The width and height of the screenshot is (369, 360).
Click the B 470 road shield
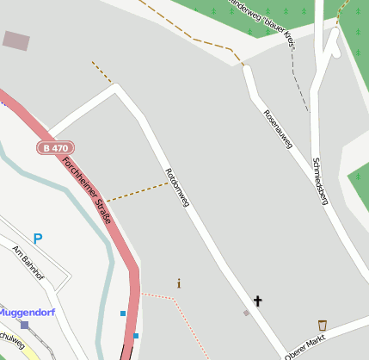pyautogui.click(x=53, y=148)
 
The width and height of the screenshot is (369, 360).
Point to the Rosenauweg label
pyautogui.click(x=278, y=130)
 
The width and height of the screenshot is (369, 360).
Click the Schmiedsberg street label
pyautogui.click(x=320, y=181)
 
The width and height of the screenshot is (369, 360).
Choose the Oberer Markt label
pyautogui.click(x=307, y=344)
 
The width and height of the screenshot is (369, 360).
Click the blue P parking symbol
pyautogui.click(x=37, y=238)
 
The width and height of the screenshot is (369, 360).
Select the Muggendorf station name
pyautogui.click(x=27, y=311)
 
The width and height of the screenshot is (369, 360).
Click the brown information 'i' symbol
pyautogui.click(x=179, y=283)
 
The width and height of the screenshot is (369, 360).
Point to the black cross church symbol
pyautogui.click(x=256, y=301)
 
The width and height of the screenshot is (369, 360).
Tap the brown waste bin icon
pyautogui.click(x=323, y=325)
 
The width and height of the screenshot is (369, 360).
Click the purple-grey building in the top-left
pyautogui.click(x=15, y=40)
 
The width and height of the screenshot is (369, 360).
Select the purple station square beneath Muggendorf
pyautogui.click(x=24, y=325)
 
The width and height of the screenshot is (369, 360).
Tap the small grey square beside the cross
pyautogui.click(x=246, y=313)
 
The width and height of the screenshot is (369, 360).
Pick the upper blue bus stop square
pyautogui.click(x=123, y=313)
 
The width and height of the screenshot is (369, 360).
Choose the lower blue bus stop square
pyautogui.click(x=136, y=335)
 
